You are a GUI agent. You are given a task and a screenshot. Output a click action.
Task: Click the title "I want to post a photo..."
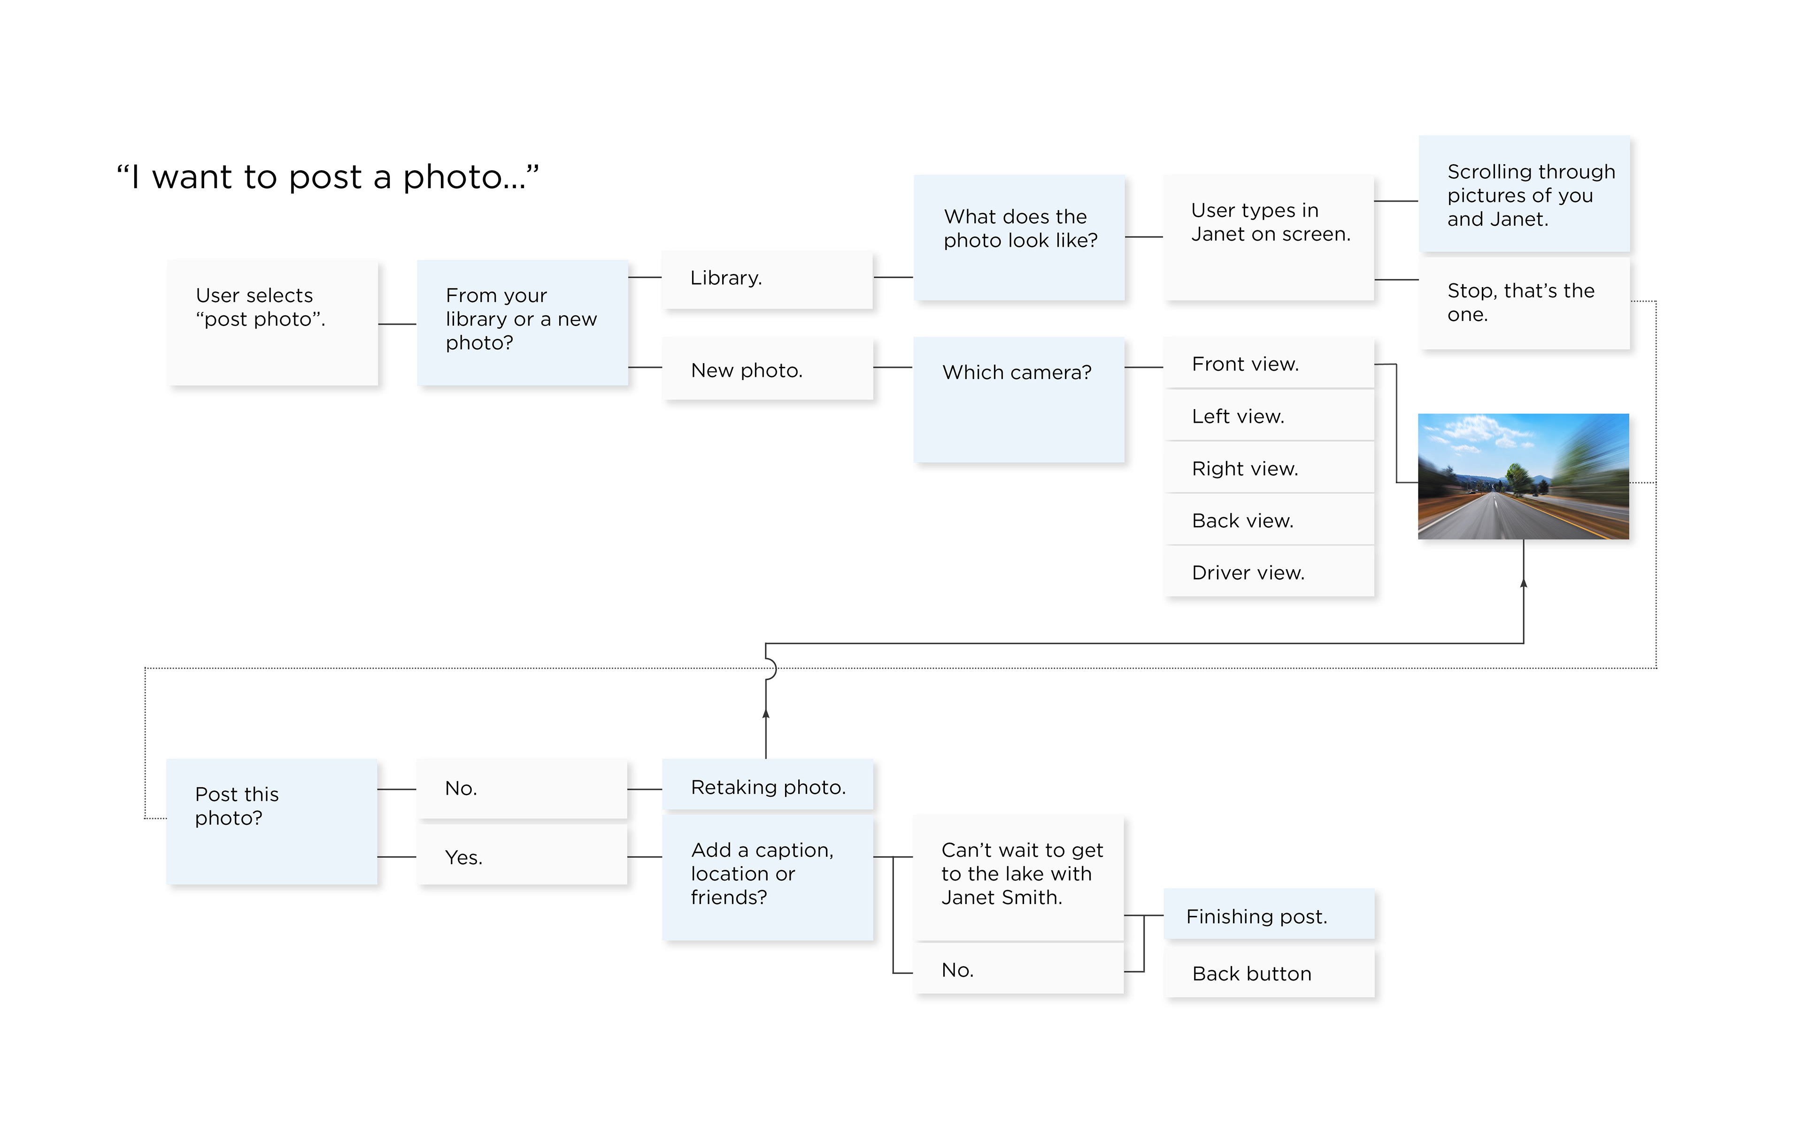click(x=327, y=177)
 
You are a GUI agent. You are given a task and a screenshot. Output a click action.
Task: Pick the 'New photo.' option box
click(x=767, y=369)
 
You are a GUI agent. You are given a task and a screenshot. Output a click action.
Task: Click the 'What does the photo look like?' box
click(x=1019, y=237)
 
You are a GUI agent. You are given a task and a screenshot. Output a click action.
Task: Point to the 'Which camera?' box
click(x=1019, y=400)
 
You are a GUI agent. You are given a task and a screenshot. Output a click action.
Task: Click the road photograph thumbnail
click(x=1524, y=477)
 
